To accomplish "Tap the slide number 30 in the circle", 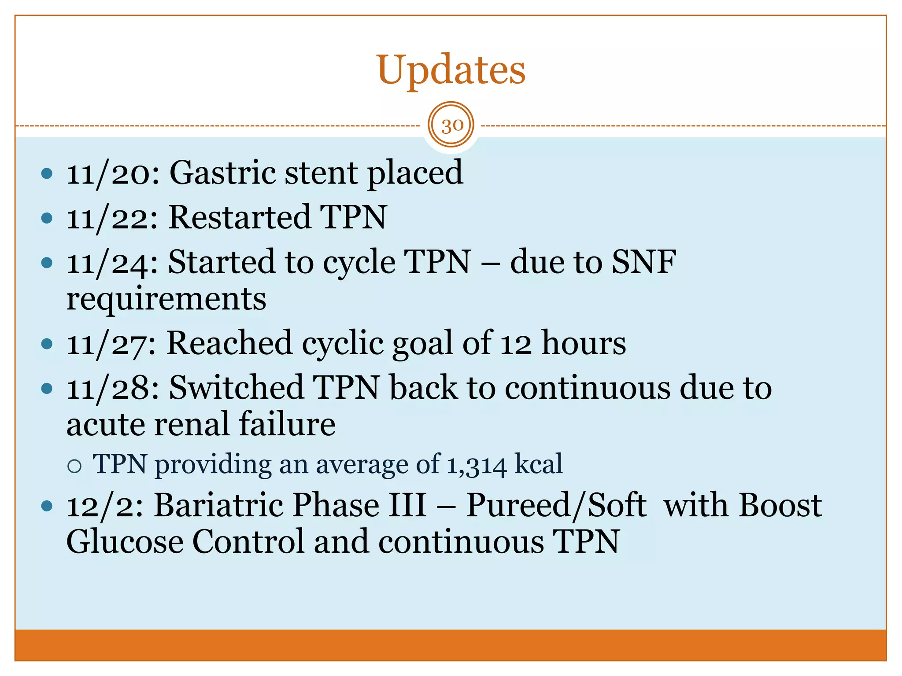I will [x=451, y=125].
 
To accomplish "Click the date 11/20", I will [x=112, y=173].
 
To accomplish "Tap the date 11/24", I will [x=112, y=263].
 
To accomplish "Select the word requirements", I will [x=166, y=299].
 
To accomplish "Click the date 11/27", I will [x=111, y=343].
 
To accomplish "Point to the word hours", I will [x=583, y=343].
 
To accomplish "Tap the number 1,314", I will [x=476, y=465].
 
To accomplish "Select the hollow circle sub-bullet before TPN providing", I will [x=75, y=466].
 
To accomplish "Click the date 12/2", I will [x=104, y=505].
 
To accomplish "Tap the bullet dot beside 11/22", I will [x=47, y=218].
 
